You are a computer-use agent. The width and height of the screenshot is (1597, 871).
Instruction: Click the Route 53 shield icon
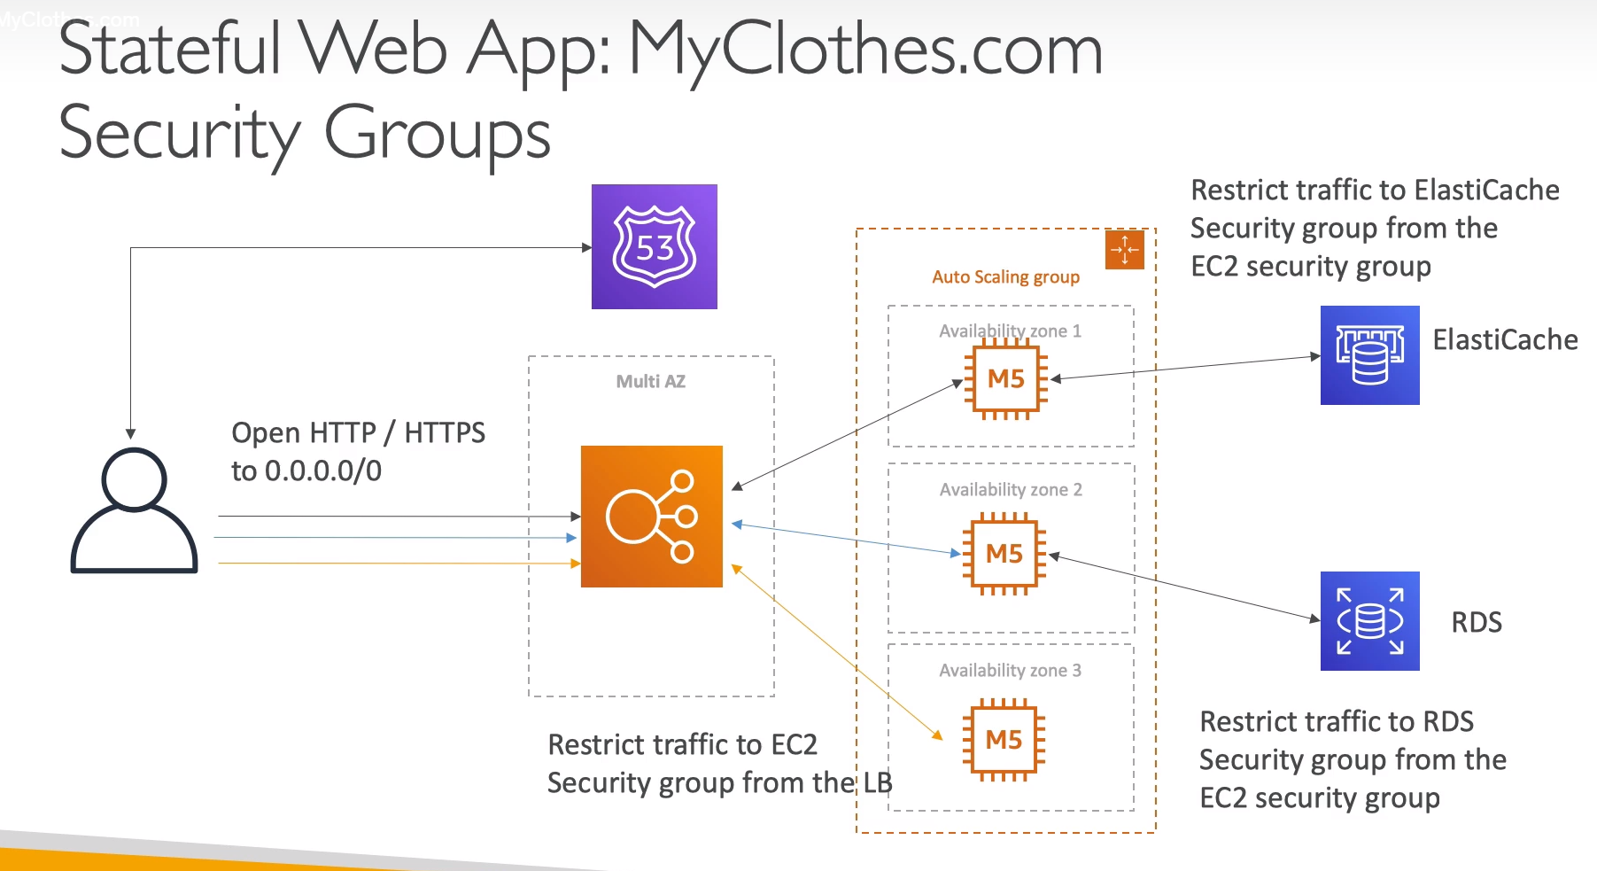click(654, 246)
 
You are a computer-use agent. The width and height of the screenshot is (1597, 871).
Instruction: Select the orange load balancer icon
click(652, 517)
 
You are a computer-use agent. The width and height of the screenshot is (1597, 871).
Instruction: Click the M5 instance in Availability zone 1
click(1005, 379)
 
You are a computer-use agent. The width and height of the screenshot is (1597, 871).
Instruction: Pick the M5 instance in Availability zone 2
click(1004, 555)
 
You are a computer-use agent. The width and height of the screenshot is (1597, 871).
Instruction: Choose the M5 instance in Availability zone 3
click(1004, 740)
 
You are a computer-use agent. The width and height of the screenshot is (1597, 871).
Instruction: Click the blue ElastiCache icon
click(1369, 355)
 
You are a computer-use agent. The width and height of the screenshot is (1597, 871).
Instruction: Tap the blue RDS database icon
click(1369, 621)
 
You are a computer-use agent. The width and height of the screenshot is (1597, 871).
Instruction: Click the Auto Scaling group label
click(1005, 277)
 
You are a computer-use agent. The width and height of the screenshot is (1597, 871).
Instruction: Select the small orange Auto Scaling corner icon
click(1125, 249)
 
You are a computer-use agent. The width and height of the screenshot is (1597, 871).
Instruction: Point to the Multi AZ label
click(651, 382)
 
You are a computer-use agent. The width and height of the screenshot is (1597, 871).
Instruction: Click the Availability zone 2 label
click(1011, 490)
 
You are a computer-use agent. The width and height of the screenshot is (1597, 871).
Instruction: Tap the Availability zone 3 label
click(1010, 671)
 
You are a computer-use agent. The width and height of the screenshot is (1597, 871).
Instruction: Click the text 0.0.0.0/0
click(323, 471)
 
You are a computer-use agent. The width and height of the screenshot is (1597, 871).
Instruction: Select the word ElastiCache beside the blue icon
click(1505, 340)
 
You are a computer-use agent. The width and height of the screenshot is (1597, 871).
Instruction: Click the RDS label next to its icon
click(1477, 622)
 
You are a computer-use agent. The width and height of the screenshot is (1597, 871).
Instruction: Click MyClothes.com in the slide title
click(865, 50)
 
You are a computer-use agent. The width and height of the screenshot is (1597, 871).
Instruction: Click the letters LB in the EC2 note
click(877, 783)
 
